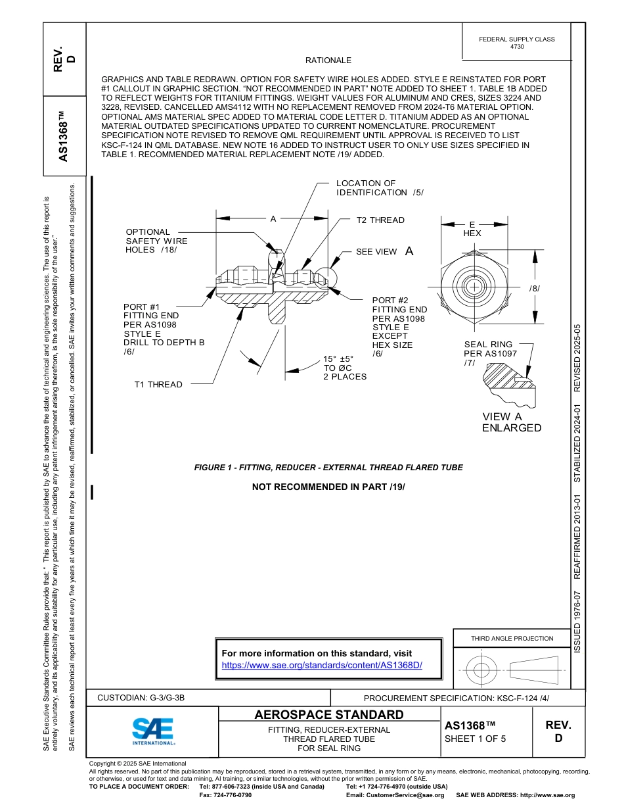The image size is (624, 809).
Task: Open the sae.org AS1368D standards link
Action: (322, 665)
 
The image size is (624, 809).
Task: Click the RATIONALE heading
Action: (328, 60)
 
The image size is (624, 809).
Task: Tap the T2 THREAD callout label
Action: (380, 220)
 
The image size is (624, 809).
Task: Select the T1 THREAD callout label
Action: (158, 385)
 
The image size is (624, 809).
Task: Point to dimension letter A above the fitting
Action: (273, 218)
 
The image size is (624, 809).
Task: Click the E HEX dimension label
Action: (472, 229)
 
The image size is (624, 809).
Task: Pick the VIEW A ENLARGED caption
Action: (512, 422)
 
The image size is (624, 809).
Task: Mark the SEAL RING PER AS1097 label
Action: (488, 353)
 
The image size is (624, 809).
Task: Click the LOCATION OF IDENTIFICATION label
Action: (379, 188)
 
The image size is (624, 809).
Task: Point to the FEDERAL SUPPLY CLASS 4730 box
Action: (516, 43)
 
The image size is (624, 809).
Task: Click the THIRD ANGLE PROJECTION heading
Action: (512, 638)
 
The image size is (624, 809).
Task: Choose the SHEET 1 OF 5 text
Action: (476, 738)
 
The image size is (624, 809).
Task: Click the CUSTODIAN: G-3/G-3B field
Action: (141, 697)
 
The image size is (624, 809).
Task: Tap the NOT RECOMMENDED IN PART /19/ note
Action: (328, 487)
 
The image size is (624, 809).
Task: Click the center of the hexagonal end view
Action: (472, 287)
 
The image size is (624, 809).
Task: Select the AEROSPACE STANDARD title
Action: (329, 715)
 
